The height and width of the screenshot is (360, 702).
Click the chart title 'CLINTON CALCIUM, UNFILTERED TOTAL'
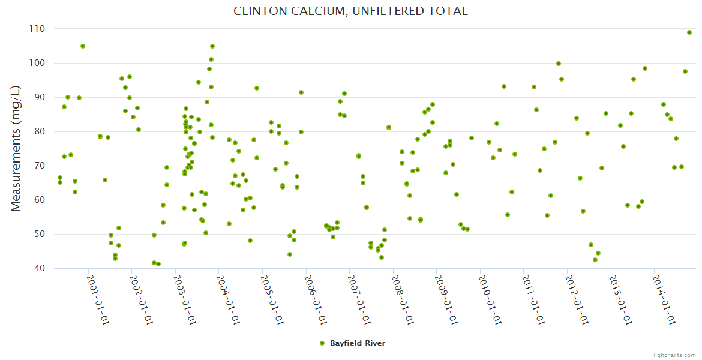pyautogui.click(x=350, y=11)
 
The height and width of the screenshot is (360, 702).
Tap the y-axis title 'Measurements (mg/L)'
pyautogui.click(x=16, y=148)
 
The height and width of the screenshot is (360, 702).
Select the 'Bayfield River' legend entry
pyautogui.click(x=357, y=343)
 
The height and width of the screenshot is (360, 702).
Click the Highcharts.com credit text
pyautogui.click(x=674, y=355)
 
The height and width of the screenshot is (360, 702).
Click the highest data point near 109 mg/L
pyautogui.click(x=689, y=32)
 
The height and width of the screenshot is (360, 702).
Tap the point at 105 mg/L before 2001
pyautogui.click(x=83, y=46)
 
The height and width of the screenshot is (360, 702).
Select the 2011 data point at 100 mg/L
pyautogui.click(x=559, y=64)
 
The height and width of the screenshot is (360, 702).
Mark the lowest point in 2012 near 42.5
pyautogui.click(x=595, y=260)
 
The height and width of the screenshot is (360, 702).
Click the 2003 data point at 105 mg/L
pyautogui.click(x=212, y=46)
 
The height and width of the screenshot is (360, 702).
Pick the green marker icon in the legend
pyautogui.click(x=322, y=343)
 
